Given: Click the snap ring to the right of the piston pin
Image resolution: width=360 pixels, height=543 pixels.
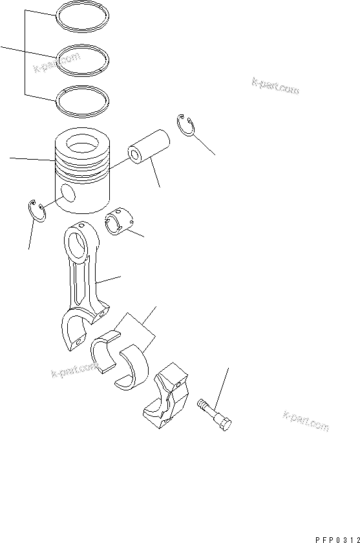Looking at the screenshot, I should click(185, 125).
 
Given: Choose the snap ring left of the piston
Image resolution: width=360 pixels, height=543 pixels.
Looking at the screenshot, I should click(36, 211).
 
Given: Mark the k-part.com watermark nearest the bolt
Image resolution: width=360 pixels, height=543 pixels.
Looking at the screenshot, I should click(305, 421).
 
